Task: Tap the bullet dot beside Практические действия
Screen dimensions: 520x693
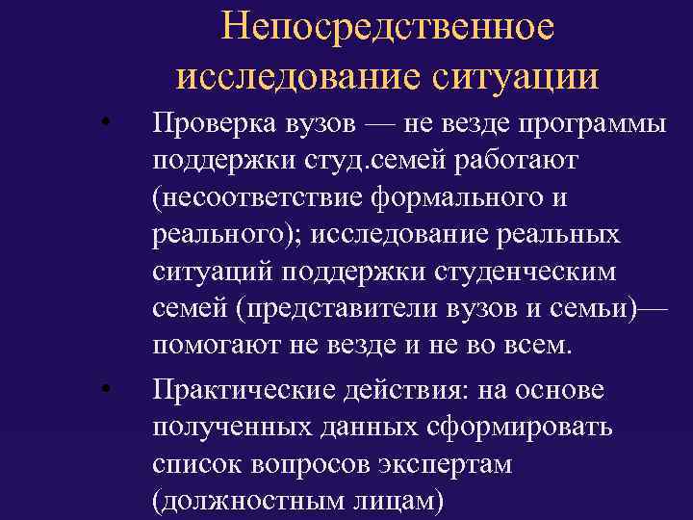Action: [110, 388]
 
